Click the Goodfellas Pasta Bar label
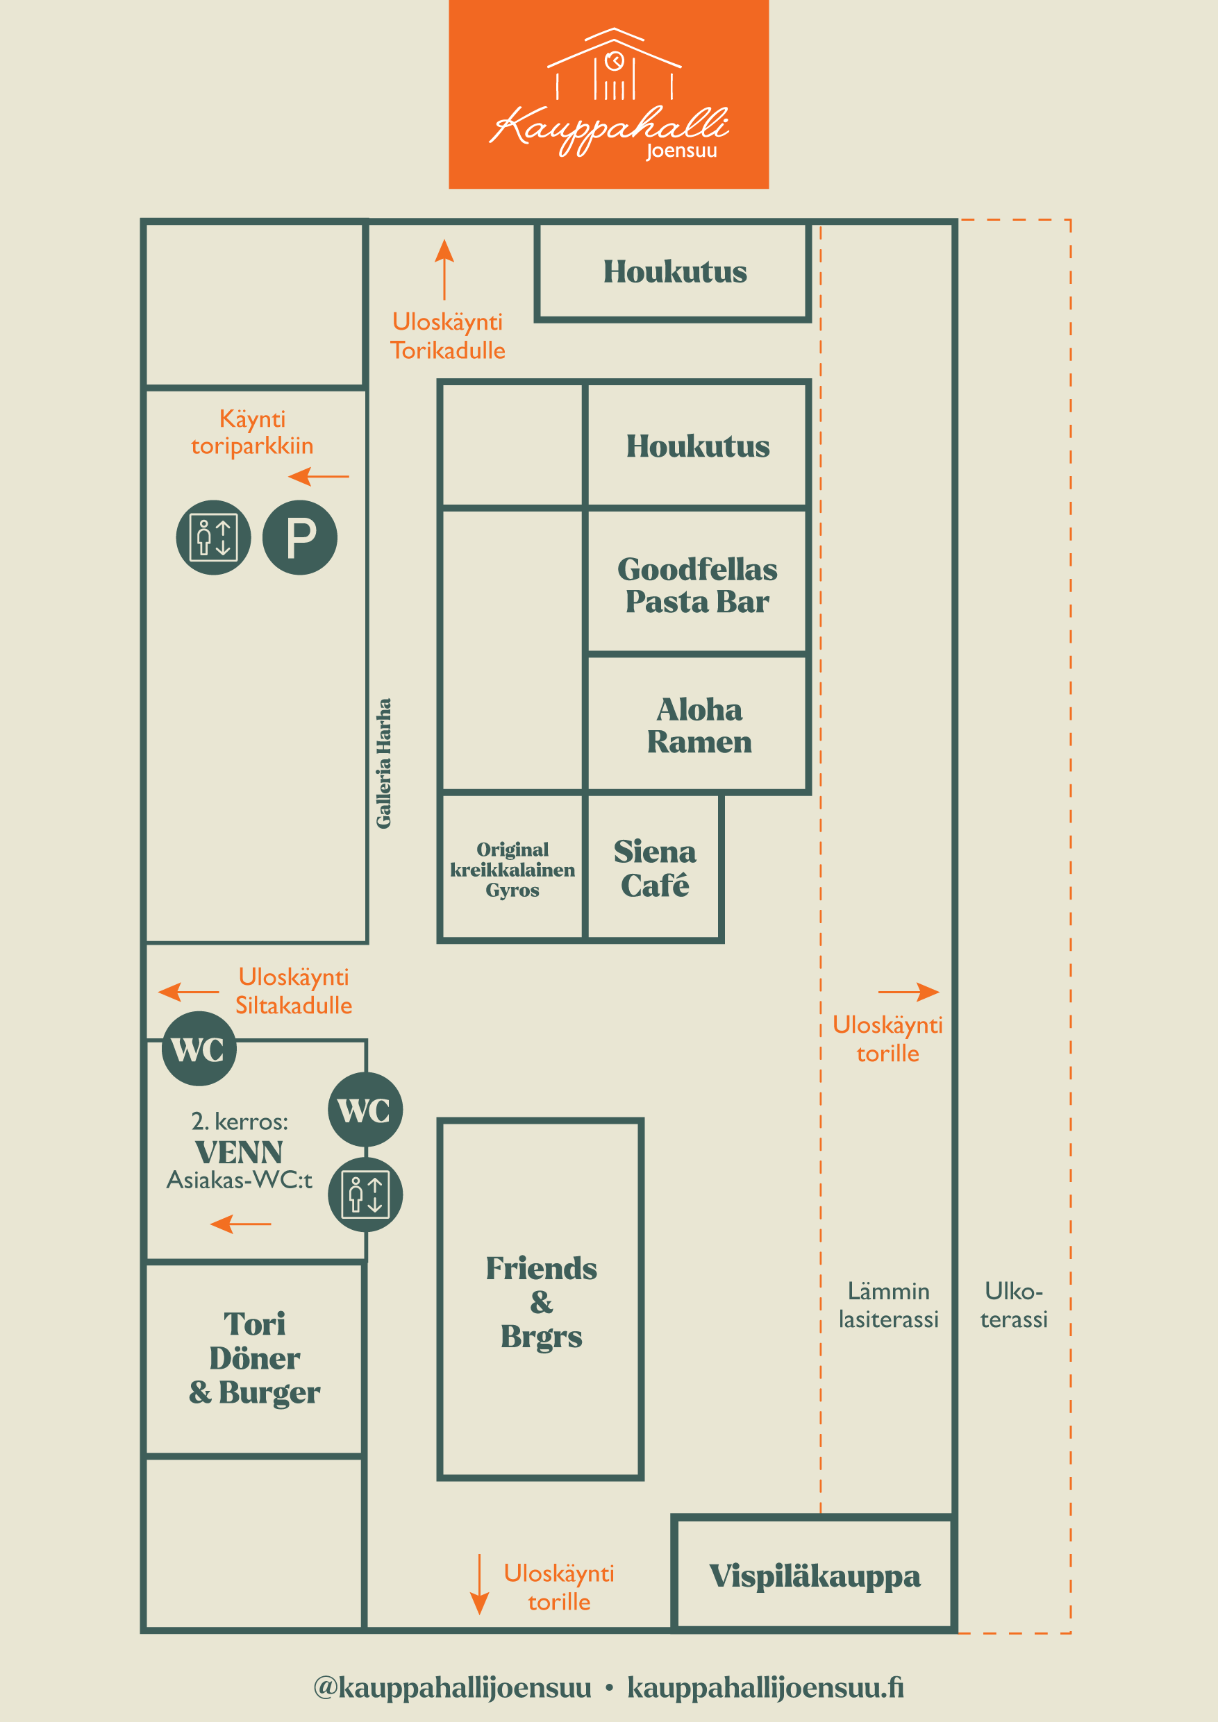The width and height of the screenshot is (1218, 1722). point(697,585)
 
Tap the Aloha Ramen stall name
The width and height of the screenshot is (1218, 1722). point(699,725)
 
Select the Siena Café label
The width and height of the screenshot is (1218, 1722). point(654,868)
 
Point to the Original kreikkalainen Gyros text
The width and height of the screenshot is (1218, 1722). point(512,869)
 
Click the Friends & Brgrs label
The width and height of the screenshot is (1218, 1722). point(541,1302)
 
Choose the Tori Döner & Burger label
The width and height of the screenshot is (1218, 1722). point(254,1358)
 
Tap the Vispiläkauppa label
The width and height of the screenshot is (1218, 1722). point(815,1576)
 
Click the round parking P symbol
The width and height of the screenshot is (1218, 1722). point(299,537)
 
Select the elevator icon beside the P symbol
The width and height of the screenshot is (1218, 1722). point(213,537)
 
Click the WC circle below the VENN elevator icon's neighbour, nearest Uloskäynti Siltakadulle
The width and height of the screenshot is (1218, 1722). point(199,1048)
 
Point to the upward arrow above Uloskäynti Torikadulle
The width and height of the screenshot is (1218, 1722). point(444,269)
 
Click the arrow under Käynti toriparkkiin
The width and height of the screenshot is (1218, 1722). point(318,476)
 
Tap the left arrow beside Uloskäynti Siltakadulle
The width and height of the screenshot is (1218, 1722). point(188,992)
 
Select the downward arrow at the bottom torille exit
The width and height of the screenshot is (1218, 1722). point(478,1584)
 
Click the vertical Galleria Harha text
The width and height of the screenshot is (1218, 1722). point(383,763)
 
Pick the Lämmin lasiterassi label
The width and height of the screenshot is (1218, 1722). point(889,1305)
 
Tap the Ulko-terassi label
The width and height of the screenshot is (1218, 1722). point(1013,1305)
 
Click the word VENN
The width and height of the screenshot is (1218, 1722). point(239,1152)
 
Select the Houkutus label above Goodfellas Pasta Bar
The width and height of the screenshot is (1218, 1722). point(698,446)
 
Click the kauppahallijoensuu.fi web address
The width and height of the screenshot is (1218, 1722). point(765,1687)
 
